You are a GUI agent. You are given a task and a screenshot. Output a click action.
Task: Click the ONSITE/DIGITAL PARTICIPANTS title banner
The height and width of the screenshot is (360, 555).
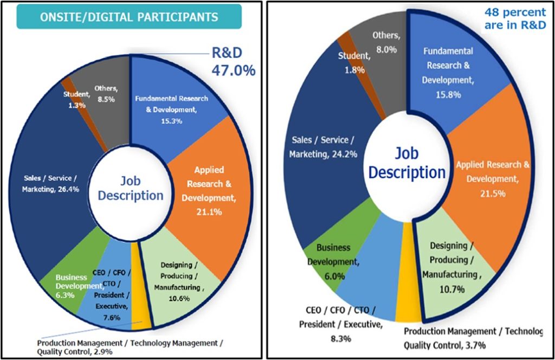[x=128, y=17]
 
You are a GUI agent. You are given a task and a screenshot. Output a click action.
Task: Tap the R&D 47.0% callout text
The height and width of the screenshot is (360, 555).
[x=233, y=63]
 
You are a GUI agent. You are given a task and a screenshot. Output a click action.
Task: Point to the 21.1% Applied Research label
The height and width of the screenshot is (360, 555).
[x=202, y=190]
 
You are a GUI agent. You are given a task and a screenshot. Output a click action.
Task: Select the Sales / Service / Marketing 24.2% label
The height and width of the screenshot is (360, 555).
[x=323, y=147]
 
